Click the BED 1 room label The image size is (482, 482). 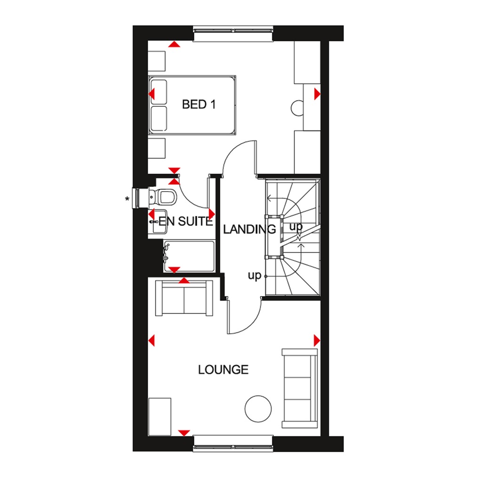pyautogui.click(x=198, y=104)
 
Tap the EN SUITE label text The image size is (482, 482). pyautogui.click(x=186, y=221)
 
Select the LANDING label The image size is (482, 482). pyautogui.click(x=249, y=230)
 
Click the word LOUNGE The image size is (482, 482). pyautogui.click(x=223, y=370)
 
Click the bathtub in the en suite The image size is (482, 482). pyautogui.click(x=189, y=256)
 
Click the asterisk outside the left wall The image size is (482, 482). pyautogui.click(x=127, y=199)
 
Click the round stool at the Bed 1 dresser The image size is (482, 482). pyautogui.click(x=298, y=108)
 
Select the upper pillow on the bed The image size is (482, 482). pyautogui.click(x=159, y=91)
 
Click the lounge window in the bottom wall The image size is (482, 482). pyautogui.click(x=233, y=441)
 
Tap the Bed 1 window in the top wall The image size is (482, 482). pyautogui.click(x=233, y=34)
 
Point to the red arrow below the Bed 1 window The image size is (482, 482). pyautogui.click(x=174, y=45)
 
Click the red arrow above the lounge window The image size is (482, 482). pyautogui.click(x=184, y=432)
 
